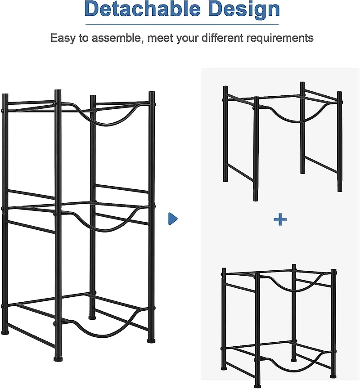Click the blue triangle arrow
coord(173,219)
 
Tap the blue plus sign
coord(280,219)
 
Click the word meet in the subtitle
coord(157,38)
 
